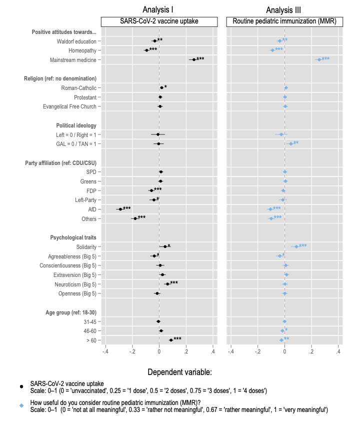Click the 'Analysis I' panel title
pyautogui.click(x=158, y=9)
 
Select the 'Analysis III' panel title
pyautogui.click(x=284, y=9)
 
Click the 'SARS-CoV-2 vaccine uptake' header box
pyautogui.click(x=159, y=21)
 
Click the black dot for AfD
pyautogui.click(x=120, y=209)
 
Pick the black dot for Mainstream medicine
pyautogui.click(x=194, y=59)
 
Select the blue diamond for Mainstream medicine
pyautogui.click(x=319, y=59)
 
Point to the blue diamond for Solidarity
pyautogui.click(x=296, y=246)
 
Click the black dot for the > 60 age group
pyautogui.click(x=171, y=340)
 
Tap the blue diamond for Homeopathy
pyautogui.click(x=272, y=50)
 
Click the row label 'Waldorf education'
pyautogui.click(x=76, y=41)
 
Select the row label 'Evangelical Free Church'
pyautogui.click(x=69, y=106)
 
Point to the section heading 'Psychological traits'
pyautogui.click(x=73, y=237)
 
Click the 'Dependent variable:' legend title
pyautogui.click(x=179, y=372)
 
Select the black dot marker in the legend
pyautogui.click(x=21, y=386)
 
